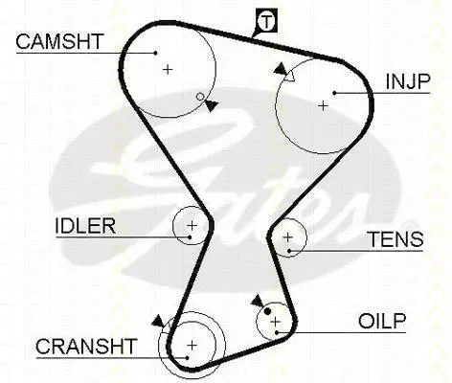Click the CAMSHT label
(59, 41)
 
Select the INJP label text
(408, 81)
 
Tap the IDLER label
(85, 226)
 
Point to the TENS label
(396, 239)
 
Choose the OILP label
(382, 321)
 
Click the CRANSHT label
(86, 347)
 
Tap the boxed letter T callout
(266, 21)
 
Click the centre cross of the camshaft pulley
(168, 69)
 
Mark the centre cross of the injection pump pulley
(324, 105)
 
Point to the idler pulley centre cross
(192, 226)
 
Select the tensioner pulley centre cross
(287, 237)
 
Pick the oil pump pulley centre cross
(275, 322)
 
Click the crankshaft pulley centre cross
(192, 346)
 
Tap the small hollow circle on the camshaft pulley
(200, 97)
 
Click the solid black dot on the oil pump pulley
(267, 311)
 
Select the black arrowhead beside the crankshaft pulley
(158, 322)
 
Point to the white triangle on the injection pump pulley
(289, 77)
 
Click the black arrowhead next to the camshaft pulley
(211, 105)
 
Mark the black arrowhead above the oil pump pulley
(258, 301)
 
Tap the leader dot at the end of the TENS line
(289, 251)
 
